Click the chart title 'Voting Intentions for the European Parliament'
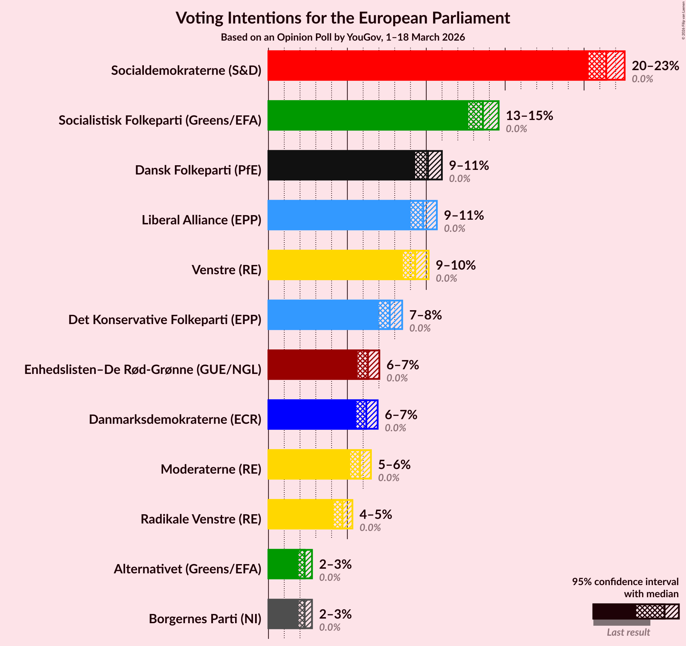[343, 18]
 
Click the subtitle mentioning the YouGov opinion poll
[343, 37]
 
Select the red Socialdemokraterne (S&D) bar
[427, 66]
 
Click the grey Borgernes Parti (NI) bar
[283, 614]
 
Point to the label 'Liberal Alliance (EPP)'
[202, 220]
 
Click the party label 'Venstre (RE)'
[227, 270]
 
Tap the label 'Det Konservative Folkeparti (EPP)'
[165, 320]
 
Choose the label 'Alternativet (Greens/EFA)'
[188, 569]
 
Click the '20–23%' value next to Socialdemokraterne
[655, 66]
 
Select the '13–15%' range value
[529, 115]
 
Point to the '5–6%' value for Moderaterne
[394, 464]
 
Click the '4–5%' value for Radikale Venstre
[375, 514]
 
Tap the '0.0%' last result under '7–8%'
[420, 328]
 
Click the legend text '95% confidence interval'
[625, 582]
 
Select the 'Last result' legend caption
[628, 632]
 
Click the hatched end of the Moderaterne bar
[366, 464]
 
